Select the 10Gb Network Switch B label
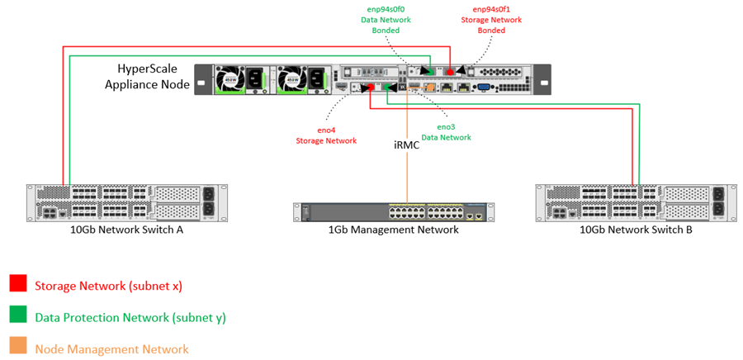[636, 229]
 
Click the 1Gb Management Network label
[394, 230]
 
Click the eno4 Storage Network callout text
[326, 135]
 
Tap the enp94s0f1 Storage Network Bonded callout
[493, 20]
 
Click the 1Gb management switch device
[393, 211]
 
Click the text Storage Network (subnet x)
[107, 286]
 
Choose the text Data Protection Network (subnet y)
[130, 317]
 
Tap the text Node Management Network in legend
[111, 348]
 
